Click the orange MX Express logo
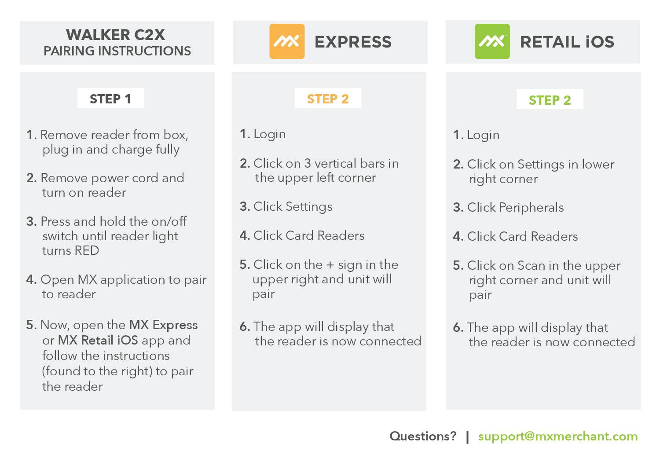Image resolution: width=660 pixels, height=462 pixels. click(287, 42)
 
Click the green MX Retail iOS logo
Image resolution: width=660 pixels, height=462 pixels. click(492, 42)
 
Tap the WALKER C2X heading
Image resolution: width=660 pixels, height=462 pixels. click(116, 35)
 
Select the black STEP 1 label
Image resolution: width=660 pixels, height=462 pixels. click(110, 99)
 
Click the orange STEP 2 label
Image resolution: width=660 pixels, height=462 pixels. click(328, 99)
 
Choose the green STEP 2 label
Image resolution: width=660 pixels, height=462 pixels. click(550, 100)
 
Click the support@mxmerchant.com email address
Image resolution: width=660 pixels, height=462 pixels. click(557, 436)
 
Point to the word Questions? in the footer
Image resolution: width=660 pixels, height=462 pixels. click(423, 436)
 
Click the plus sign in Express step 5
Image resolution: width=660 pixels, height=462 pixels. click(330, 265)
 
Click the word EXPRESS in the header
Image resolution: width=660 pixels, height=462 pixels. click(353, 42)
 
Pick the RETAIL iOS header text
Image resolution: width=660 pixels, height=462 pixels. click(567, 42)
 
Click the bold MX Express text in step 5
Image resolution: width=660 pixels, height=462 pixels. click(163, 325)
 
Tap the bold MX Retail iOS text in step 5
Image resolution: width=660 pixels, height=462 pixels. click(98, 341)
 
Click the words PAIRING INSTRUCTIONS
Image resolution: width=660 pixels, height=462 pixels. click(117, 51)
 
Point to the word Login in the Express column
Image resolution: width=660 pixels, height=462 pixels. click(269, 134)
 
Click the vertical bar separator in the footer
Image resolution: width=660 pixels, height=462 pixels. click(467, 436)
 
